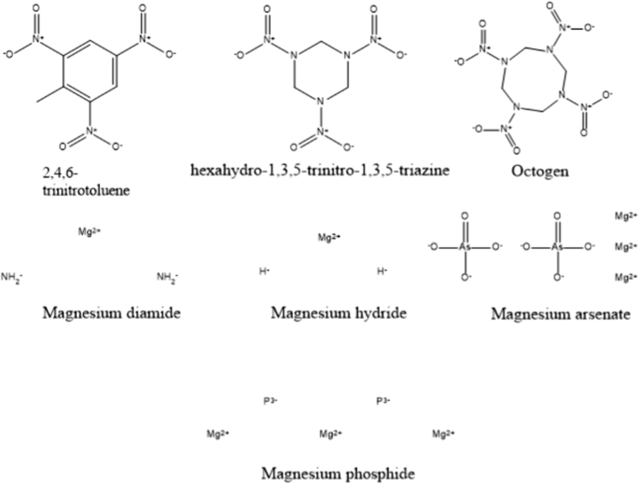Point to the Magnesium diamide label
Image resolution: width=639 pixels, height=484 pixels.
[111, 312]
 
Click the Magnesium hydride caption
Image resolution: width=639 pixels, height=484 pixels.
[338, 312]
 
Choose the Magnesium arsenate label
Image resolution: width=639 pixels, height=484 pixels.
[560, 314]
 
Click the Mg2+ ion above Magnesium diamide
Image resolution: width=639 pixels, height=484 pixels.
[90, 229]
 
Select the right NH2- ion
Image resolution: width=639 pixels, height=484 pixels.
[168, 277]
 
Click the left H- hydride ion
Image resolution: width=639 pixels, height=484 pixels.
[264, 272]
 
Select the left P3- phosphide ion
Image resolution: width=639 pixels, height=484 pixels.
[271, 401]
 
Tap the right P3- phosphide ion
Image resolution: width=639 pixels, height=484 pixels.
[382, 401]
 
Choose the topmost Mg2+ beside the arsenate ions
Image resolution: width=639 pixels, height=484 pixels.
[624, 216]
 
